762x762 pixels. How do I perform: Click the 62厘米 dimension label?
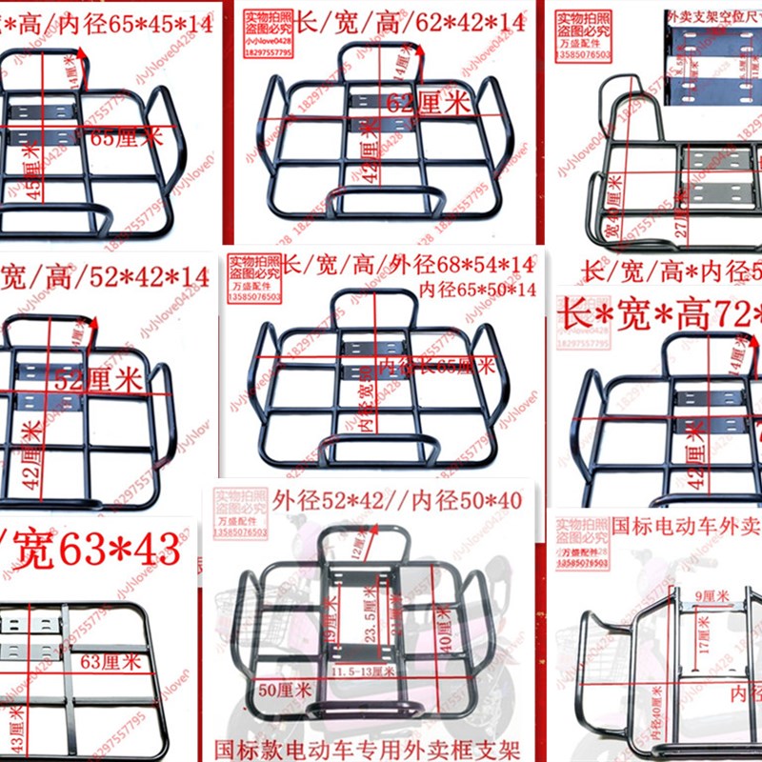pos(431,102)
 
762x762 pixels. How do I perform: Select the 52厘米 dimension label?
pos(97,380)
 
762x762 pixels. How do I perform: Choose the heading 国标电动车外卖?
pos(687,524)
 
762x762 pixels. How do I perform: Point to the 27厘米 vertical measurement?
pos(677,208)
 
